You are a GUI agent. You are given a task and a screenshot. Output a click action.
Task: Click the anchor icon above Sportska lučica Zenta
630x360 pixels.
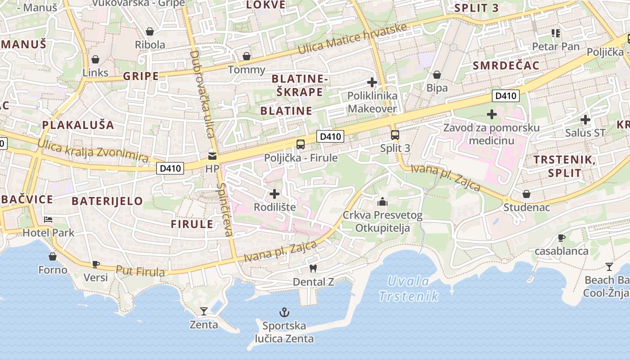point(284,312)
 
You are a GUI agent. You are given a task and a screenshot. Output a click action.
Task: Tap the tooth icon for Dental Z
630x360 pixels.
point(313,268)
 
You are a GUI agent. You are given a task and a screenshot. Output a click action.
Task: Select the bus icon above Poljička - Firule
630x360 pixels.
point(301,144)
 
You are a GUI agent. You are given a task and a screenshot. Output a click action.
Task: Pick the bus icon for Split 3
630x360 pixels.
point(395,135)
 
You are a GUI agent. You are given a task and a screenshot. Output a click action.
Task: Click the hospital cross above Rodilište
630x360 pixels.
point(274,194)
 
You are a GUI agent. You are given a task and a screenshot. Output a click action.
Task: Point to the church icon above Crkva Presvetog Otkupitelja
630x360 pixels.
point(382,201)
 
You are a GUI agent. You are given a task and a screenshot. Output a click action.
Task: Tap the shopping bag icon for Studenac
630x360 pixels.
point(526,194)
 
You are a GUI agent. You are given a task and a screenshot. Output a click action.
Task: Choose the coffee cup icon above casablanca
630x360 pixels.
point(561,238)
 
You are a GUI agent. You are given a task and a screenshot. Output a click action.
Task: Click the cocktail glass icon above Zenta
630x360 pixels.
point(203,311)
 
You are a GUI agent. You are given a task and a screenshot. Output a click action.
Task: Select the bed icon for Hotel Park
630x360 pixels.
point(48,220)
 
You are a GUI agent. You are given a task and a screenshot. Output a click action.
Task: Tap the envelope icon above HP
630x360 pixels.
point(211,156)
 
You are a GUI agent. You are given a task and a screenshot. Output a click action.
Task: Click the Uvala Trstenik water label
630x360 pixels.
point(409,288)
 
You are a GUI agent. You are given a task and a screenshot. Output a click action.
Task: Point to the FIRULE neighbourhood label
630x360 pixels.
point(192,224)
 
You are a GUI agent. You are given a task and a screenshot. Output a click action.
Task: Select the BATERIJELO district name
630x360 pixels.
point(107,201)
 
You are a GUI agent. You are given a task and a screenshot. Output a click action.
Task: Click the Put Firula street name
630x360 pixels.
point(140,271)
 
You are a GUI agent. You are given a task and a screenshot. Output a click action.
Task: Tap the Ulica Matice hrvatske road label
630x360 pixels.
point(353,39)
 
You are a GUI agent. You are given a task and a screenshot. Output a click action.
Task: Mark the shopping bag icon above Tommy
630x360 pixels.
point(247,56)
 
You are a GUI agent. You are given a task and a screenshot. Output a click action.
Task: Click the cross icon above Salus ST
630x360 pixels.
point(585,120)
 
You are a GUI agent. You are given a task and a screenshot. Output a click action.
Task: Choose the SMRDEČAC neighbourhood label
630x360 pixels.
point(506,66)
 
